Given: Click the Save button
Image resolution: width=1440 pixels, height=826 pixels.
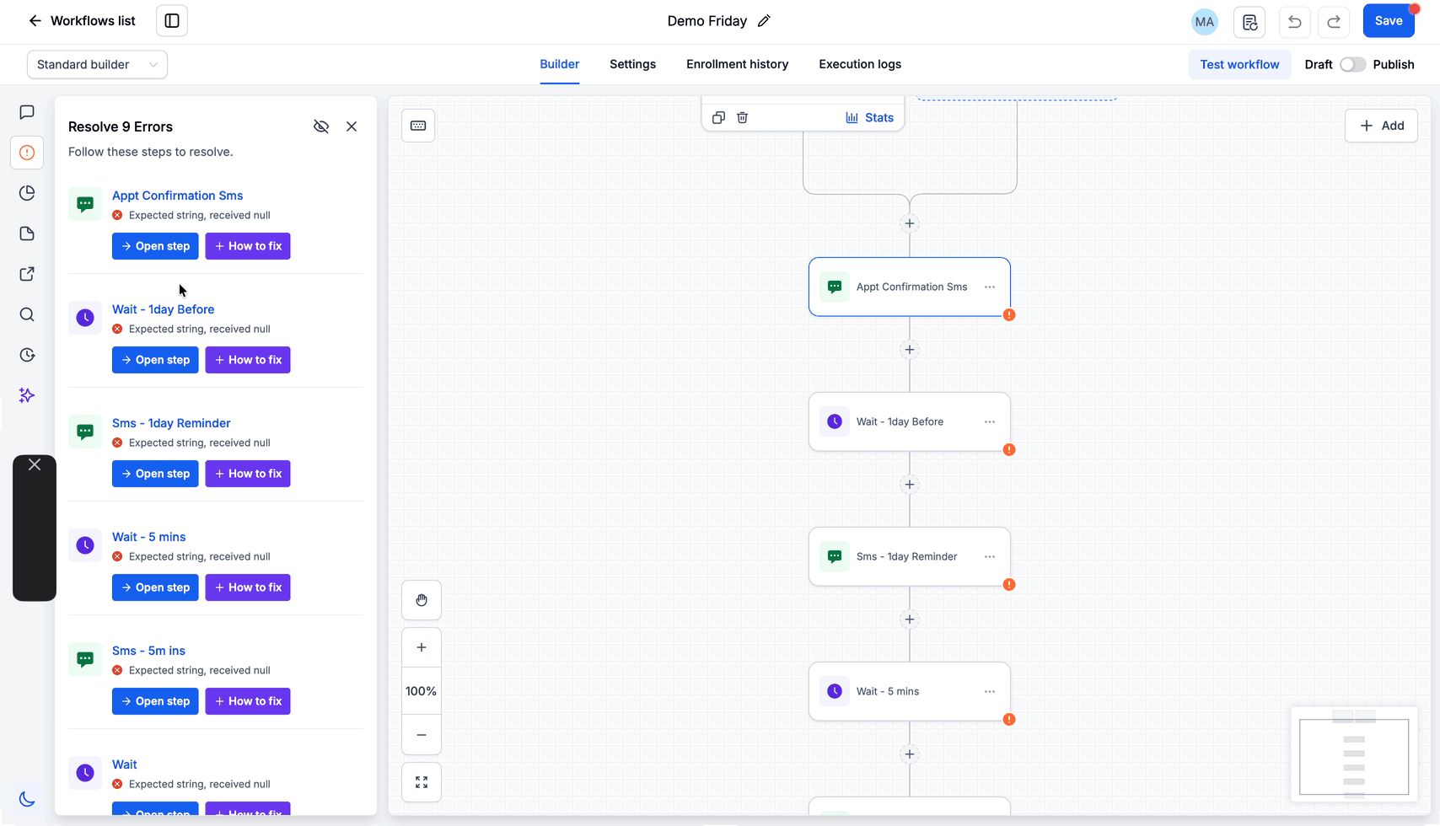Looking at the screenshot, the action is coord(1388,20).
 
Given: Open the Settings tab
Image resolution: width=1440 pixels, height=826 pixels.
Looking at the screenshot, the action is coord(632,64).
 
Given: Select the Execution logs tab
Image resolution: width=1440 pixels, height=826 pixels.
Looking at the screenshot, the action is coord(859,64).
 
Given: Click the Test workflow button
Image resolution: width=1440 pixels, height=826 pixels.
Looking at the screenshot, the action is coord(1239,64).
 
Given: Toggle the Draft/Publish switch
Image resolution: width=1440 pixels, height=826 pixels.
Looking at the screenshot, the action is coord(1352,64).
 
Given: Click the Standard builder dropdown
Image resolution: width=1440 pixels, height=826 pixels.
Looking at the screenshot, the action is coord(97,64).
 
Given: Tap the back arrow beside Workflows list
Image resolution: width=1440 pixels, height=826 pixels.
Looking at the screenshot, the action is coord(35,20).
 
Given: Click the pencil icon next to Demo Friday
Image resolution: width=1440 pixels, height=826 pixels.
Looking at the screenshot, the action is coord(764,20).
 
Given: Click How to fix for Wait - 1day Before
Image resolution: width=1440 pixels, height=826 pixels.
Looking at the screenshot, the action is coord(248,359).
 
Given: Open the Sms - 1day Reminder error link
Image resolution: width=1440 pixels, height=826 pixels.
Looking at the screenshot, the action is coord(171,423).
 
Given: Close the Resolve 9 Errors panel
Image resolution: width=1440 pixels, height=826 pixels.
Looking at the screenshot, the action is coord(351,126).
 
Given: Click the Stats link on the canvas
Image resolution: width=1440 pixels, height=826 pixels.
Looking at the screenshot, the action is coord(869,118).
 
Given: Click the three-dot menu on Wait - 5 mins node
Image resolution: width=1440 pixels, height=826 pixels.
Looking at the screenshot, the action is coord(989,692).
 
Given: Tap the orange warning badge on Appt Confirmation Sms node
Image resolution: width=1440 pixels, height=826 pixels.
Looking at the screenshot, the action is coord(1009,315).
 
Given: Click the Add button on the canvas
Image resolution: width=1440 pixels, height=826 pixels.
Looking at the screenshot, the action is coord(1381,126).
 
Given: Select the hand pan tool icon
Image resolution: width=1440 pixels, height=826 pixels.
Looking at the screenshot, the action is coord(421,600).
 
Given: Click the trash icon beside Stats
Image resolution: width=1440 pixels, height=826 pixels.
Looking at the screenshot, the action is coord(742,118).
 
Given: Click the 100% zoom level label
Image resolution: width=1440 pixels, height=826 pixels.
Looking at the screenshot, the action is coord(421,691).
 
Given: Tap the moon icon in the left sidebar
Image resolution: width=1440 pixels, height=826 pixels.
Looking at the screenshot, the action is coord(27,799).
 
